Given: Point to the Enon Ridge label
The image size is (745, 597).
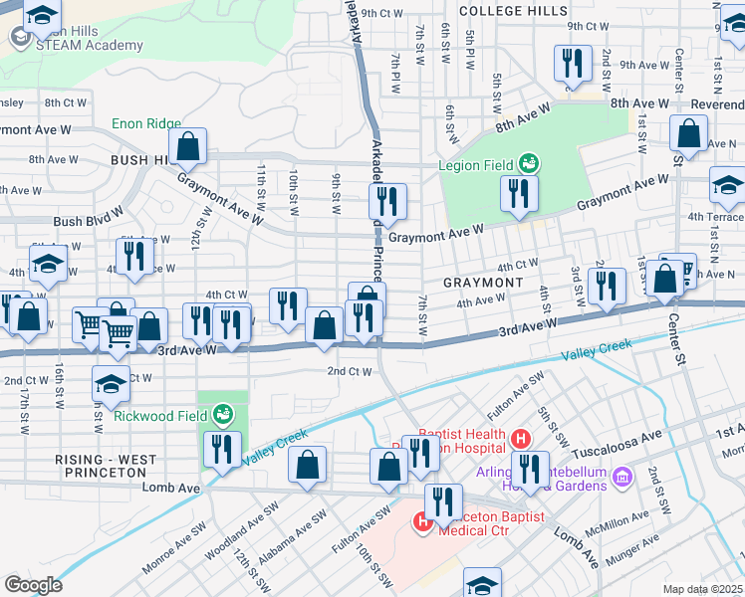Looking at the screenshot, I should point(140,123).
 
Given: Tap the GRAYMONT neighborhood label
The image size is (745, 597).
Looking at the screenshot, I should point(483,283).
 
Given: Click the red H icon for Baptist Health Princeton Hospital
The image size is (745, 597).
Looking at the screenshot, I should point(519,438).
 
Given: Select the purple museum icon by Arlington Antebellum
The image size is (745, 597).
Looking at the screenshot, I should point(622,476).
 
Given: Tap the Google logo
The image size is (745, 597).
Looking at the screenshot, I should point(33,584).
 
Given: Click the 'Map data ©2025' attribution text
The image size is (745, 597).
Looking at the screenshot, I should point(702,589).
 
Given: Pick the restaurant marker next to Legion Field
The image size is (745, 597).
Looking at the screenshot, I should point(519,193).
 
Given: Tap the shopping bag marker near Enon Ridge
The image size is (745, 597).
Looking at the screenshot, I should point(187,146).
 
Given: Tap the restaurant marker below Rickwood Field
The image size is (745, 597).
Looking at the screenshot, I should point(222,449).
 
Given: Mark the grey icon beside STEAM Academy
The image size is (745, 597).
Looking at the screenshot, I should point(20,37).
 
